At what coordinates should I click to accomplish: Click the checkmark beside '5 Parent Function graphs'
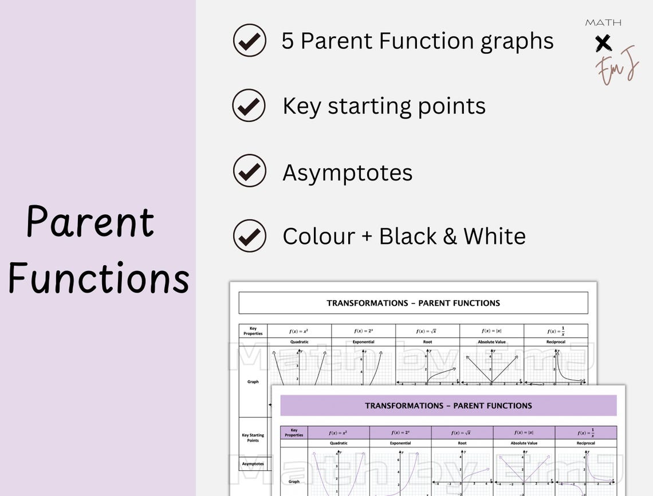coord(249,41)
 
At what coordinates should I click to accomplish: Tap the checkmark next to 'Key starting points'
coord(249,106)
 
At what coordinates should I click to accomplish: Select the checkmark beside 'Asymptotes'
coord(249,171)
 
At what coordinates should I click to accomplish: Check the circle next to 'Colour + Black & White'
coord(249,236)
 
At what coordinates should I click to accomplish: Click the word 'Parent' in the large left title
coord(91,222)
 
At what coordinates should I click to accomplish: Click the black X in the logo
coord(603,42)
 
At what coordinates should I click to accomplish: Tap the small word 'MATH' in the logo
coord(603,23)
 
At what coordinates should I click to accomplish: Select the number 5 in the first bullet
coord(288,41)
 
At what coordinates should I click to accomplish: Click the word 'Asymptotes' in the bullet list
coord(347,172)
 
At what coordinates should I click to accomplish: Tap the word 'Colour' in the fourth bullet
coord(318,236)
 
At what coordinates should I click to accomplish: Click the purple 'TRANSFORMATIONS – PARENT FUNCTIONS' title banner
coord(448,406)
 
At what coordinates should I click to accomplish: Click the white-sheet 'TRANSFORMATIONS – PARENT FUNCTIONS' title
coord(413,303)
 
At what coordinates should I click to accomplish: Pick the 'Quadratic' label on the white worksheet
coord(299,342)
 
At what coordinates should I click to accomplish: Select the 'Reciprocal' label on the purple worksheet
coord(585,443)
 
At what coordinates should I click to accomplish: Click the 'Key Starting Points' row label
coord(253,438)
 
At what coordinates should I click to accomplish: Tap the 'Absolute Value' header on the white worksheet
coord(491,342)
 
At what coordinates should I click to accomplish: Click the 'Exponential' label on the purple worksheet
coord(400,443)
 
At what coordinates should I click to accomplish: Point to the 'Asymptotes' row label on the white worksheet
coord(253,463)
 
